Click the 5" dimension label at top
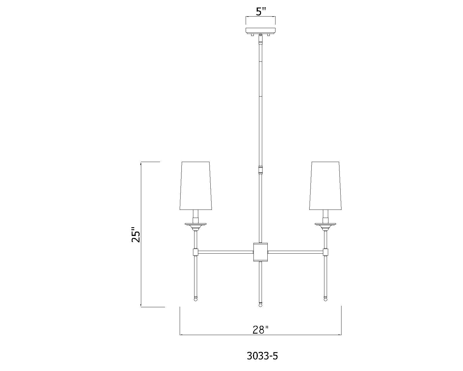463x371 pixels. click(x=261, y=12)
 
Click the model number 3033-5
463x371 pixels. click(x=262, y=356)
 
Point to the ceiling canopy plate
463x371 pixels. click(x=260, y=30)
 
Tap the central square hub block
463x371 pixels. click(x=260, y=252)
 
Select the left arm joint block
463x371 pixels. click(x=195, y=252)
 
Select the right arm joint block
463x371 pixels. click(x=326, y=252)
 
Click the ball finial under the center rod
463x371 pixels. click(x=260, y=305)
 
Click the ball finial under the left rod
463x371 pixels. click(x=195, y=299)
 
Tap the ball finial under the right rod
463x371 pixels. click(x=326, y=299)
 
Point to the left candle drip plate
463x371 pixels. click(x=196, y=224)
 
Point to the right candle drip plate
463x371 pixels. click(x=326, y=224)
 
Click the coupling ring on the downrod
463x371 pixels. click(x=260, y=169)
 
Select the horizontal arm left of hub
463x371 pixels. click(x=225, y=252)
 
